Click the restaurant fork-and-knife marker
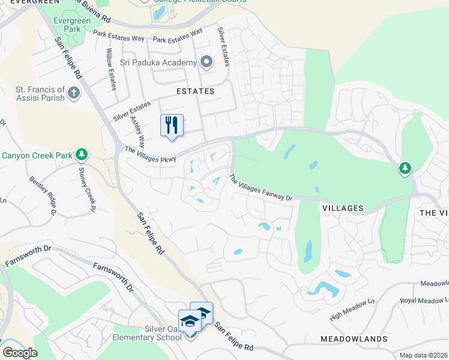pyautogui.click(x=172, y=125)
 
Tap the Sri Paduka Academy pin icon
pyautogui.click(x=206, y=62)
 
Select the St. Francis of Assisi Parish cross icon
pyautogui.click(x=73, y=93)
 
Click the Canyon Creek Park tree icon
pyautogui.click(x=82, y=155)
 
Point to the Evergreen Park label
pyautogui.click(x=72, y=25)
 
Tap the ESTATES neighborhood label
pyautogui.click(x=195, y=91)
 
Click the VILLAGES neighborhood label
pyautogui.click(x=343, y=208)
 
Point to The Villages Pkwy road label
pyautogui.click(x=150, y=155)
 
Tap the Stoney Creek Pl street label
pyautogui.click(x=87, y=188)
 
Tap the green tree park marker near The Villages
pyautogui.click(x=405, y=169)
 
